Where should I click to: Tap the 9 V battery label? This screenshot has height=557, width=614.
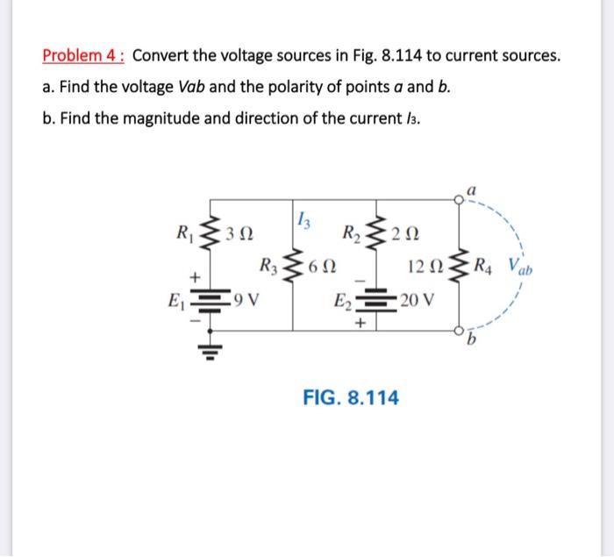click(x=246, y=300)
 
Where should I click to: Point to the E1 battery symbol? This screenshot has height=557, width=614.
click(x=211, y=301)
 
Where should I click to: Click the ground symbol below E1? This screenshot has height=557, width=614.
click(x=211, y=351)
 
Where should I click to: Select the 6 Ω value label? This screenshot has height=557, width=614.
click(x=322, y=267)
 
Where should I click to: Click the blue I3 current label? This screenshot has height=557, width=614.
click(x=304, y=219)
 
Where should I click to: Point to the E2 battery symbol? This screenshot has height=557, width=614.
click(x=376, y=300)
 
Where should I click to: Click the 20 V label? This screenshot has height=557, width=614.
click(x=418, y=300)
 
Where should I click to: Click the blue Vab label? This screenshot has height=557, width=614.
click(x=520, y=267)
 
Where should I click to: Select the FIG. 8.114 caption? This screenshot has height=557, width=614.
click(x=351, y=397)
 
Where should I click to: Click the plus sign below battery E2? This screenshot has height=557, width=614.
click(x=361, y=323)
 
